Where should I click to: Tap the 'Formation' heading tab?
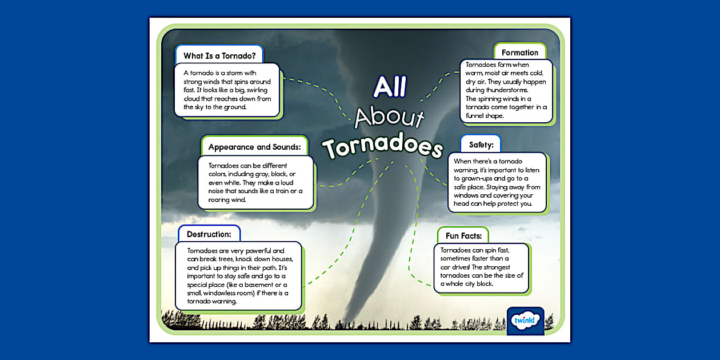tap(519, 53)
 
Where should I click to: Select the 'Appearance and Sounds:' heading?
tap(254, 147)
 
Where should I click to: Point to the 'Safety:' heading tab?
tap(481, 145)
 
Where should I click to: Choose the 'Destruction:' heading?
tap(209, 234)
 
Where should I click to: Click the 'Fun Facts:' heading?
tap(463, 235)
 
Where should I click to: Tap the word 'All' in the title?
tap(390, 86)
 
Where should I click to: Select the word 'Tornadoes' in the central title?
tap(382, 146)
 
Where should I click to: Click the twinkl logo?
tap(525, 321)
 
